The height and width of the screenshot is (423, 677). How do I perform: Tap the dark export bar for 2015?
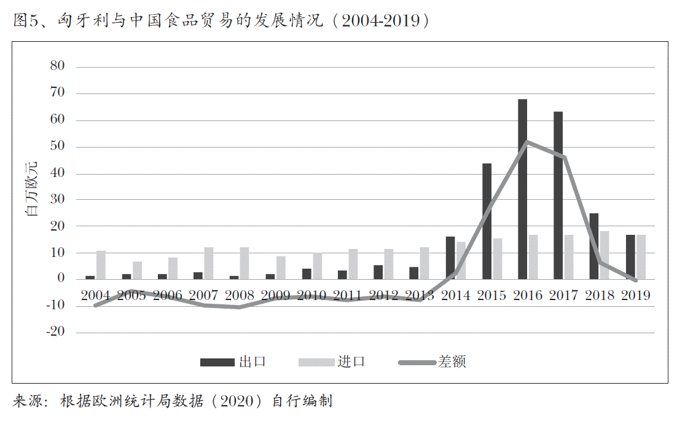click(487, 221)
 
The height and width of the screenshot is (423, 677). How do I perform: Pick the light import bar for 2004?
click(101, 265)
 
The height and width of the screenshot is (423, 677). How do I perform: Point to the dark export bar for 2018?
click(594, 246)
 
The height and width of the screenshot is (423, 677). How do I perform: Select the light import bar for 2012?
click(388, 264)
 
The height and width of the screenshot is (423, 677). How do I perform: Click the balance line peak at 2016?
click(526, 142)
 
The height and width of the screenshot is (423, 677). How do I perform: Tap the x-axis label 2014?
click(456, 296)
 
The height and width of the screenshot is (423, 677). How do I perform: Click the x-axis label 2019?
click(635, 296)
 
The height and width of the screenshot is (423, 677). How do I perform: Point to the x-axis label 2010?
click(311, 296)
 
